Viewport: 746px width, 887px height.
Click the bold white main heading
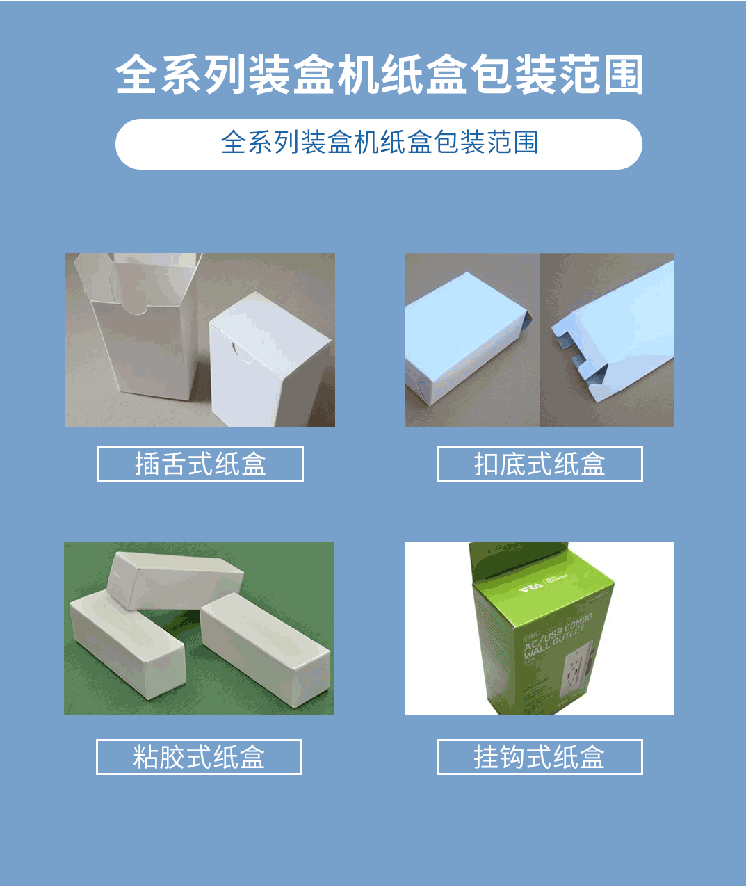(380, 74)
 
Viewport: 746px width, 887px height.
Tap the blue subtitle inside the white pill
(380, 143)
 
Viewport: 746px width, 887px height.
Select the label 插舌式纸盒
(200, 464)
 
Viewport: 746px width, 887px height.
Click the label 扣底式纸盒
(540, 464)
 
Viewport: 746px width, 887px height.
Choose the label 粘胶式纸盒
(199, 757)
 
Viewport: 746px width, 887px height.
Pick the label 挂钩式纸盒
(540, 757)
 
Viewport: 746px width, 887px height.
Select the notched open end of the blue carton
(574, 355)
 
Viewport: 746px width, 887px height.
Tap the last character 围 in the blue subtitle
(526, 143)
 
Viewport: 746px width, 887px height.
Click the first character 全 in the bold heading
(137, 74)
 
